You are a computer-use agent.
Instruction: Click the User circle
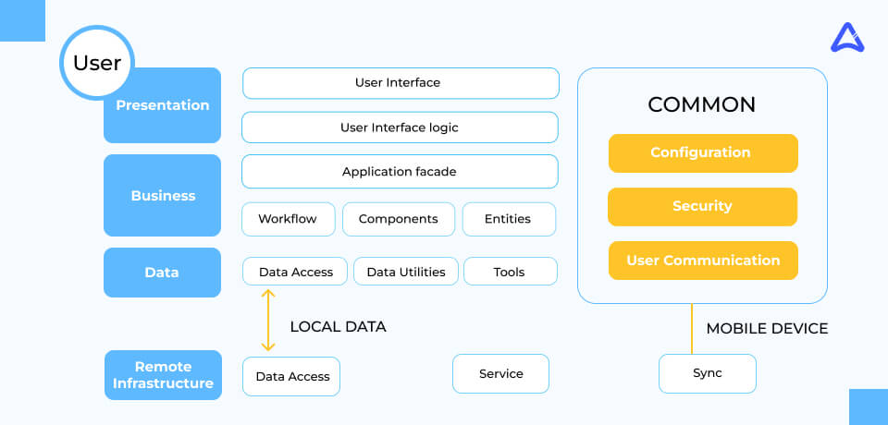[x=97, y=63]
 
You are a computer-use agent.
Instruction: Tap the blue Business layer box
[x=163, y=195]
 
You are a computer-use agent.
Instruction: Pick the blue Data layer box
[x=163, y=273]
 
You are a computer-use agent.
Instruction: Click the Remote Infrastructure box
[x=163, y=374]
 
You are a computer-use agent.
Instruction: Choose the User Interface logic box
[x=400, y=127]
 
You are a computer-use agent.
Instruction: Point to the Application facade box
[x=400, y=172]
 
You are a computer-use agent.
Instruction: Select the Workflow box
[x=289, y=219]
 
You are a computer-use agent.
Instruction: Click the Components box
[x=399, y=219]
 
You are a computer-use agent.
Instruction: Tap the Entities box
[x=509, y=219]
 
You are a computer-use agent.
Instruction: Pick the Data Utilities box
[x=406, y=272]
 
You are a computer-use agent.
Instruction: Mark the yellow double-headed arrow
[x=268, y=320]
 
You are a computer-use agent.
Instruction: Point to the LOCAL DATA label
[x=339, y=326]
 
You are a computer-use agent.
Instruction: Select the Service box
[x=501, y=373]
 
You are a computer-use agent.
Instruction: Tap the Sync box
[x=708, y=373]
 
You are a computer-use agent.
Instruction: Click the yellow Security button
[x=702, y=207]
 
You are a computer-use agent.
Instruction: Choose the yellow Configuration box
[x=703, y=152]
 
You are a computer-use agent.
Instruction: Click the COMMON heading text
[x=702, y=104]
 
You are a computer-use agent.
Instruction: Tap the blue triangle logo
[x=847, y=38]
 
